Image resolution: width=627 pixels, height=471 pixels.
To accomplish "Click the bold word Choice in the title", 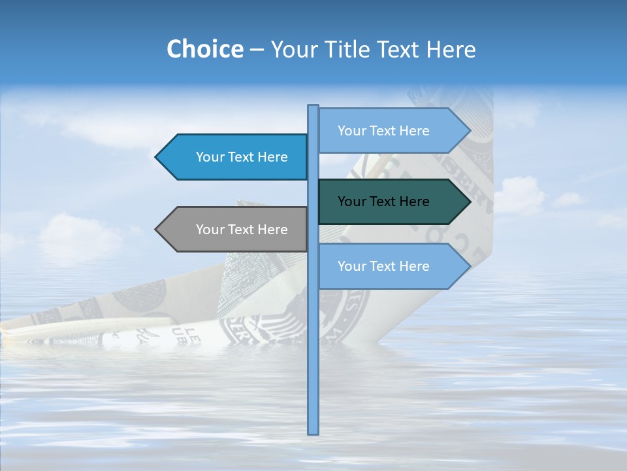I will click(x=204, y=49).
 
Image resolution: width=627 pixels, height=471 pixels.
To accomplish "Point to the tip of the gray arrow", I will click(x=157, y=229).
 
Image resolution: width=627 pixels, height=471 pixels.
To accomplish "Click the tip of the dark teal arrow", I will click(x=470, y=201).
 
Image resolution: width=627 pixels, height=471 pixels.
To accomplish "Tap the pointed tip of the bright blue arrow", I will click(x=157, y=157).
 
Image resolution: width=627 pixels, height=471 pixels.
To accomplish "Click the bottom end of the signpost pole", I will click(x=313, y=432).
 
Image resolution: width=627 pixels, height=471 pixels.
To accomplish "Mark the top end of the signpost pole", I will click(x=313, y=107).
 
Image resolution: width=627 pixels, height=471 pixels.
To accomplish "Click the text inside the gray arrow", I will click(x=242, y=230).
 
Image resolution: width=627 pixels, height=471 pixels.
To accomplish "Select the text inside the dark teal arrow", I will click(x=383, y=201).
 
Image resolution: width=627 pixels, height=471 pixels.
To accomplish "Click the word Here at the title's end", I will click(x=451, y=49).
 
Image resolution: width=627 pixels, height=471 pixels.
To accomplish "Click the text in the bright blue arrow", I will click(x=242, y=157).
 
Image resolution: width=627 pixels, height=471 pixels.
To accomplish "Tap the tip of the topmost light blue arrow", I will click(x=470, y=131).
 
